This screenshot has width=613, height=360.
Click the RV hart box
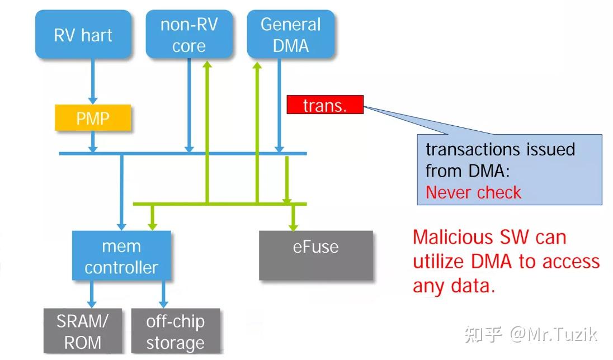tap(83, 35)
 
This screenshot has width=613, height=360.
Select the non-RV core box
tap(188, 35)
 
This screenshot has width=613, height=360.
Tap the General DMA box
tap(291, 35)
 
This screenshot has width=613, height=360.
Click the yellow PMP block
tap(93, 118)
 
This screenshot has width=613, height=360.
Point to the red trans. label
tap(324, 105)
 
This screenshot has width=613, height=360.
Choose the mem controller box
tap(121, 257)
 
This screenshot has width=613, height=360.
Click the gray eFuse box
tap(315, 254)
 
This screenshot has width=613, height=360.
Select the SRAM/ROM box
tap(83, 331)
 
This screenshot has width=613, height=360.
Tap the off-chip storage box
tap(175, 331)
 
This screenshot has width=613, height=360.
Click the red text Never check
tap(473, 192)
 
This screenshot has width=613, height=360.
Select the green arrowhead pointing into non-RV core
tap(207, 65)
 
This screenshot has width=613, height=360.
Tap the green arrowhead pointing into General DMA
tap(257, 66)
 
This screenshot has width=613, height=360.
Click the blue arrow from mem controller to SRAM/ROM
tap(93, 294)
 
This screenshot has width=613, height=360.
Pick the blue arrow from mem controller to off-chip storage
tap(164, 294)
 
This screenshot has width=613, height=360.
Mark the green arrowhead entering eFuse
tap(292, 225)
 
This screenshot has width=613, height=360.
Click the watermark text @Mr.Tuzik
tap(553, 334)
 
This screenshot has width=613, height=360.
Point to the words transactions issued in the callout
tap(500, 150)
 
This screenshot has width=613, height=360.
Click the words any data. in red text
tap(454, 287)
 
